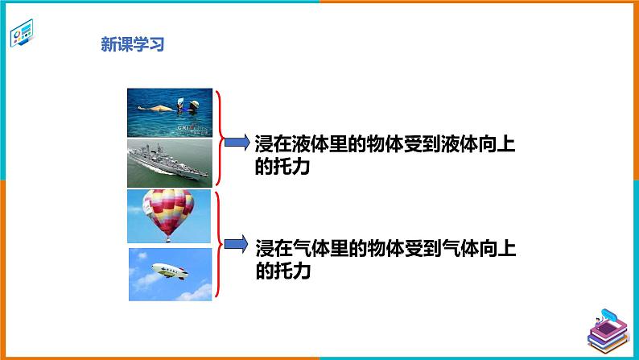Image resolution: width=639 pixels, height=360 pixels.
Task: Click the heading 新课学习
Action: [x=132, y=45]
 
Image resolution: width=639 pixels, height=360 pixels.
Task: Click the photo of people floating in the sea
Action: [x=169, y=113]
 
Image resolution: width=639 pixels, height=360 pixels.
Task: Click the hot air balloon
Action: [x=169, y=211]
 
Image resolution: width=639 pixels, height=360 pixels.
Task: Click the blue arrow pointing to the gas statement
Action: [x=235, y=242]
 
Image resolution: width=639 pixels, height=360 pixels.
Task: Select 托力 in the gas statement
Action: [x=292, y=272]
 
